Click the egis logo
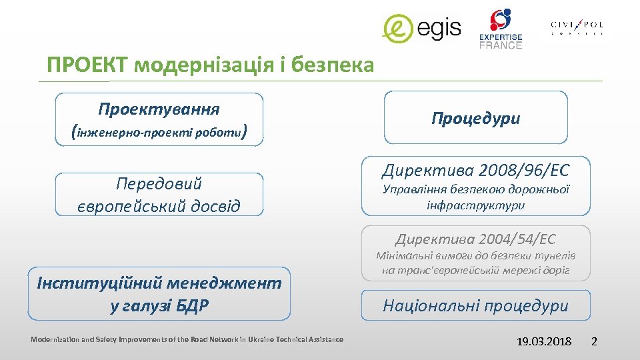(421, 29)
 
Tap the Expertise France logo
(501, 29)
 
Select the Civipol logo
(577, 27)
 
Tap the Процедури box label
(475, 119)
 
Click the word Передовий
(159, 183)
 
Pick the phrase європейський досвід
(159, 205)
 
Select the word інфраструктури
(475, 205)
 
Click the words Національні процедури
(475, 306)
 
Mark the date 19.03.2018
(544, 341)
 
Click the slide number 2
(595, 341)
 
